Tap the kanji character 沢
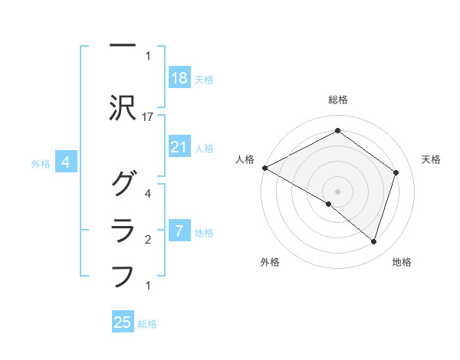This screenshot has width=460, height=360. pyautogui.click(x=123, y=109)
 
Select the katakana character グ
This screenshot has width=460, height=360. pyautogui.click(x=123, y=184)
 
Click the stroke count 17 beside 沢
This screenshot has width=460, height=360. pyautogui.click(x=149, y=116)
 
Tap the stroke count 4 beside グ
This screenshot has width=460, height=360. pyautogui.click(x=148, y=193)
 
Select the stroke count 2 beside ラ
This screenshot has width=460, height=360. pyautogui.click(x=148, y=240)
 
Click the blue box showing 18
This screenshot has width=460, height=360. pyautogui.click(x=179, y=78)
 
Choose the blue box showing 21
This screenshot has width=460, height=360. pyautogui.click(x=179, y=147)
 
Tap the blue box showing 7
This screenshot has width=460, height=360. pyautogui.click(x=179, y=231)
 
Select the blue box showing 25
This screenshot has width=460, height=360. pyautogui.click(x=123, y=322)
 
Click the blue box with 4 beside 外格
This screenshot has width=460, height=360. pyautogui.click(x=67, y=162)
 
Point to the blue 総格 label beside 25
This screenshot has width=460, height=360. pyautogui.click(x=148, y=324)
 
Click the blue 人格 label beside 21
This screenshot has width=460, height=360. pyautogui.click(x=204, y=148)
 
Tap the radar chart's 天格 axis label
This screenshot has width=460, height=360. pyautogui.click(x=431, y=159)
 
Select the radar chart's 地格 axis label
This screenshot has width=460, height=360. pyautogui.click(x=402, y=263)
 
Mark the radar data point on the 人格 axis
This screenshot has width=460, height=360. pyautogui.click(x=264, y=168)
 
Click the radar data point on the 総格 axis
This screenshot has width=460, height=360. pyautogui.click(x=337, y=131)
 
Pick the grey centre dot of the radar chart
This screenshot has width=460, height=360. pyautogui.click(x=337, y=191)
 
